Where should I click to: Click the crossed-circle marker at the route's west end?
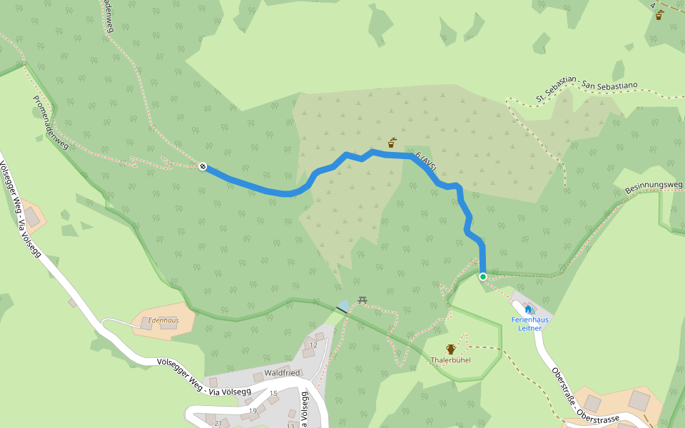[203, 167]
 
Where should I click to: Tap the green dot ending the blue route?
[483, 277]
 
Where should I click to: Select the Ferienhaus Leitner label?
[529, 324]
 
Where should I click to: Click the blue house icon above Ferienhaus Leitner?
[529, 309]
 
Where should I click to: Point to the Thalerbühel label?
[450, 360]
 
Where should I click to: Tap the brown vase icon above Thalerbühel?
[451, 349]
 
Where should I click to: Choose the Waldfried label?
[282, 373]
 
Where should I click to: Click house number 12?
[313, 345]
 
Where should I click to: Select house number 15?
[273, 393]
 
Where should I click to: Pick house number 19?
[253, 410]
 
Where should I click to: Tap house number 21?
[218, 423]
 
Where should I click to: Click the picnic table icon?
[362, 300]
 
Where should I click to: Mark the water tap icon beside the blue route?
[392, 143]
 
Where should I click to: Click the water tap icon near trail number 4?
[659, 15]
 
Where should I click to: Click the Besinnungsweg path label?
[654, 187]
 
